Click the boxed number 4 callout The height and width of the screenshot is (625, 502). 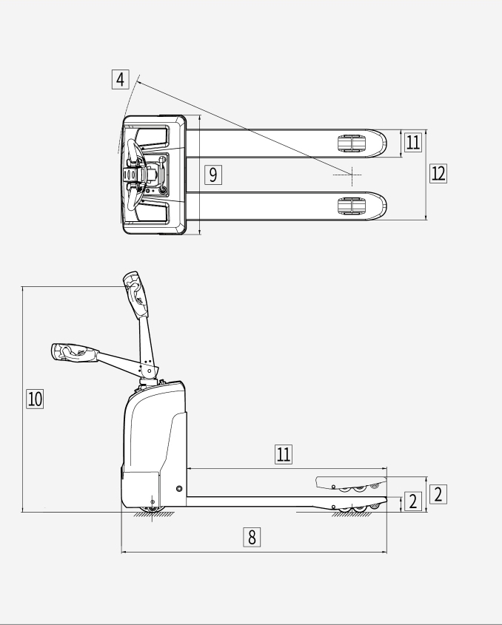click(120, 79)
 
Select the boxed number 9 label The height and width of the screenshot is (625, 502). click(213, 175)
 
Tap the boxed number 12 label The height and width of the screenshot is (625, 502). click(438, 173)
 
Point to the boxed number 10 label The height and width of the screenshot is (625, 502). click(35, 399)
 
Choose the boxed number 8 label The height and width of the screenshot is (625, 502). click(252, 537)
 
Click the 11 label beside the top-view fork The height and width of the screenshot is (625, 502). click(412, 142)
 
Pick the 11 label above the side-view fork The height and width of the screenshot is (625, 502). click(284, 454)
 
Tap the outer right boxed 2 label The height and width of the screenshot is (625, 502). click(438, 494)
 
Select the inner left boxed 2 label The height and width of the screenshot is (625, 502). click(413, 501)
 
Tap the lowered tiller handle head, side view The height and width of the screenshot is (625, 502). click(75, 352)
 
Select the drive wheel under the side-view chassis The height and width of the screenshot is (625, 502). click(152, 510)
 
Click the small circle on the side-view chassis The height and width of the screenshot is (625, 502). click(179, 489)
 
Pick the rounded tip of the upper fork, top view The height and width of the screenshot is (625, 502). click(381, 143)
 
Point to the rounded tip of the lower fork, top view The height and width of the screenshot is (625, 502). click(381, 206)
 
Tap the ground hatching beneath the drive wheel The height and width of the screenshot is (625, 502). click(153, 515)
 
